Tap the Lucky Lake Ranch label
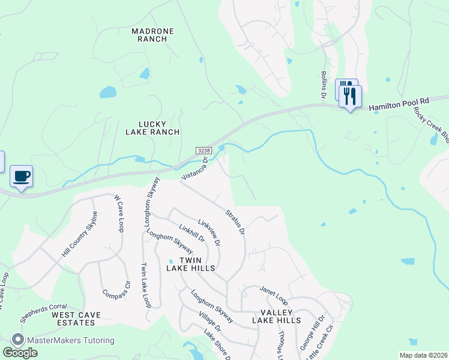pos(152,127)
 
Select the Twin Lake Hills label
pos(190,264)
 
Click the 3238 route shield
pos(203,150)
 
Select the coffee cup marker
pos(22,176)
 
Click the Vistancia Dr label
pos(194,169)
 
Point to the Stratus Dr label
pos(235,221)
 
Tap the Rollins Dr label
pos(323,85)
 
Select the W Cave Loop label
pos(118,213)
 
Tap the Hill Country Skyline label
pos(79,239)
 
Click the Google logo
pos(20,353)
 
